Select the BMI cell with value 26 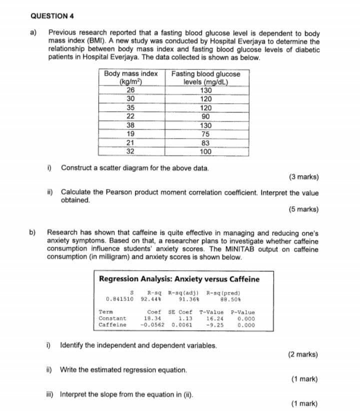(x=130, y=90)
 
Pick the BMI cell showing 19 (x=130, y=134)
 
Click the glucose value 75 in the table (x=205, y=134)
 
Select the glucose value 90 (x=205, y=116)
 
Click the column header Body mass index (x=130, y=74)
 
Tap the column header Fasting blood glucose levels (x=205, y=77)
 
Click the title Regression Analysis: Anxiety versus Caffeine (x=179, y=279)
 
